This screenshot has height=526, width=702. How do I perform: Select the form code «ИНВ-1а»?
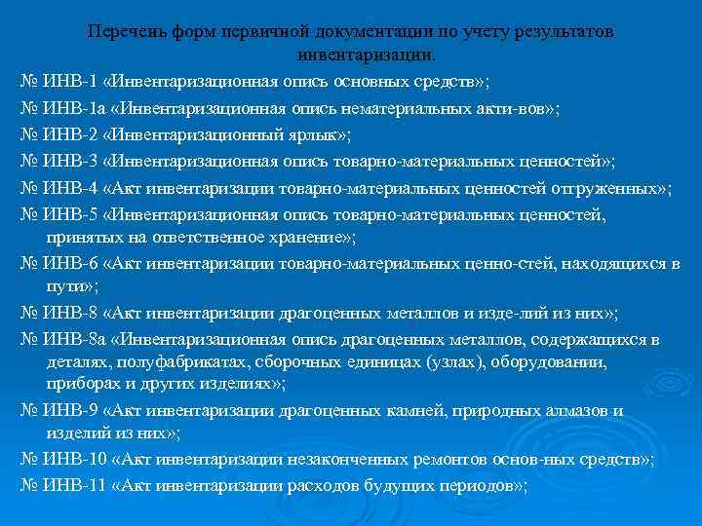pos(74,108)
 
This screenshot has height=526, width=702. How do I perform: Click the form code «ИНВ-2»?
pos(70,134)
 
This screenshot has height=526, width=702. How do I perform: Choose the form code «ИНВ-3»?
pos(70,160)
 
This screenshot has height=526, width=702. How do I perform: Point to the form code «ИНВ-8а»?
pos(74,338)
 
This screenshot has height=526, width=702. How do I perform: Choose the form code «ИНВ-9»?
pos(70,411)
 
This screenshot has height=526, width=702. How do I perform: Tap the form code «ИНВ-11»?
pos(74,484)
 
